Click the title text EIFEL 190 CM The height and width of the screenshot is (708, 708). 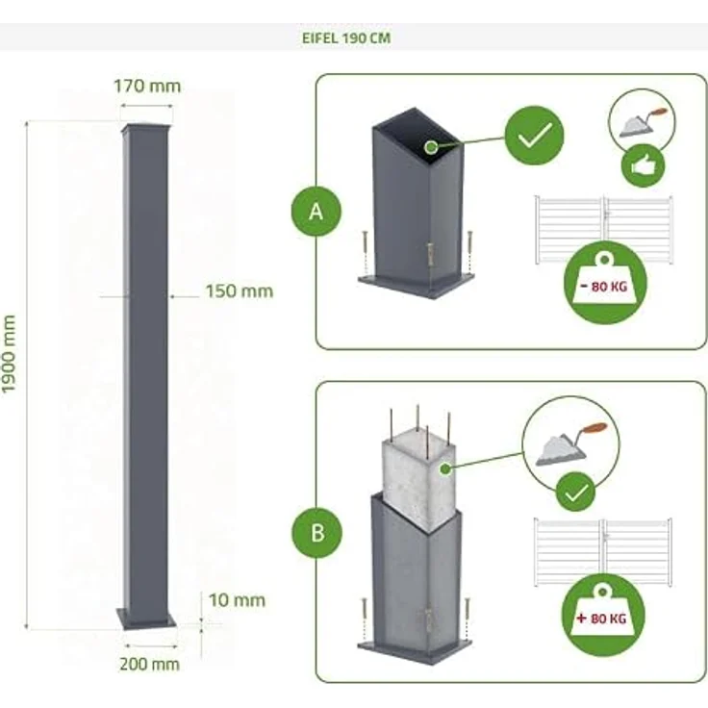click(346, 38)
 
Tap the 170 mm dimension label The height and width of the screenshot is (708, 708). click(147, 86)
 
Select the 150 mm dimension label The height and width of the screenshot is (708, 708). click(240, 291)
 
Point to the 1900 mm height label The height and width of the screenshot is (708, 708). click(9, 354)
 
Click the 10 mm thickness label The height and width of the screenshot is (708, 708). click(237, 600)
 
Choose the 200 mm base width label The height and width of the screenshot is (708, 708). click(149, 664)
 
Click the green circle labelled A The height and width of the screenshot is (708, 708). click(316, 211)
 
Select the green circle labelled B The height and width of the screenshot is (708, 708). click(317, 532)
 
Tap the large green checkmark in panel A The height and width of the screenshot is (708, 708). click(534, 135)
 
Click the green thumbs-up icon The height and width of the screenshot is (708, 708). click(643, 165)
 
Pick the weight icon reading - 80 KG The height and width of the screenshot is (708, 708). click(605, 283)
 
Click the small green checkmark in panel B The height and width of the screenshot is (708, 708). click(575, 492)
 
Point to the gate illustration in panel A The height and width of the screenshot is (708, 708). click(604, 229)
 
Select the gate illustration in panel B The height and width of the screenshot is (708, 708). click(603, 552)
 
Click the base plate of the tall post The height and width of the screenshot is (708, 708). click(146, 619)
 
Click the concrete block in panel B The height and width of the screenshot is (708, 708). click(418, 482)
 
